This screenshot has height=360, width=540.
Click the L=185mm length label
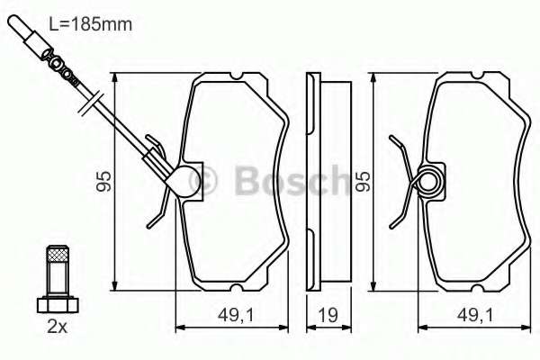(91, 24)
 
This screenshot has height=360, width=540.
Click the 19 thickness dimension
(328, 315)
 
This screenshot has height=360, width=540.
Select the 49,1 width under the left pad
(236, 315)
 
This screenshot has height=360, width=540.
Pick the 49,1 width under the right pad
(475, 315)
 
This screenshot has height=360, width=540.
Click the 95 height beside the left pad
(103, 181)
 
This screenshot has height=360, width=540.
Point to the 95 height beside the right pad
(363, 181)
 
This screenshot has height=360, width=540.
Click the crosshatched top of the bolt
(58, 255)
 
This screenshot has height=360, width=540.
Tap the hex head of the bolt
(58, 305)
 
